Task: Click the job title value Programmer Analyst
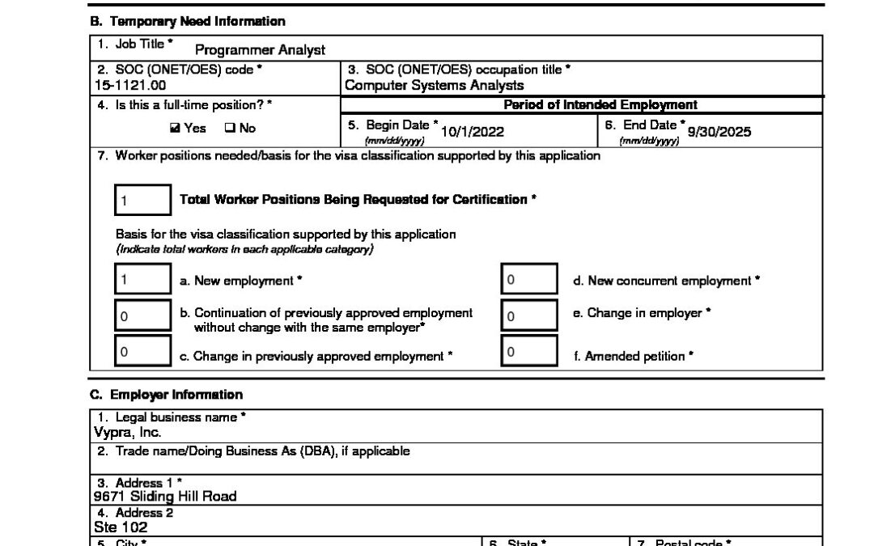click(260, 50)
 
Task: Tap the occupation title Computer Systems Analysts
click(434, 85)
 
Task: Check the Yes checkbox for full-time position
click(175, 129)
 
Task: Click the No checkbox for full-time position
click(229, 129)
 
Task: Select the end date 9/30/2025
click(719, 132)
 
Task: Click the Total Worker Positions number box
click(142, 200)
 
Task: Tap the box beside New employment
click(142, 281)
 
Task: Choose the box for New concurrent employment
click(529, 281)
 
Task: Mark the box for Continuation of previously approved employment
click(142, 316)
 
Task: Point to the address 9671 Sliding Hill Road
click(165, 496)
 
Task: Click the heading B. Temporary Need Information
click(187, 22)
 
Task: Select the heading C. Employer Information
click(166, 395)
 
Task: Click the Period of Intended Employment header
click(600, 105)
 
